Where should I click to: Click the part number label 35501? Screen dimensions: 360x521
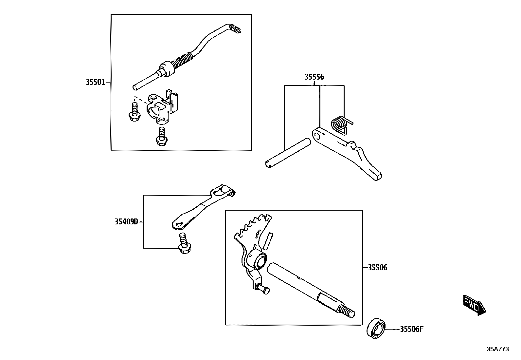coord(96,82)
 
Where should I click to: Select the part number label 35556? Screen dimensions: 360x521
coord(314,77)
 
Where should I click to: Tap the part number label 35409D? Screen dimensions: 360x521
coord(126,222)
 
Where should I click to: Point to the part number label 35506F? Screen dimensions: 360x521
coord(412,329)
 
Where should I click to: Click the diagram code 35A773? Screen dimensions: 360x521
coord(498,349)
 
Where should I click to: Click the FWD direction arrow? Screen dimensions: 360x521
coord(474,305)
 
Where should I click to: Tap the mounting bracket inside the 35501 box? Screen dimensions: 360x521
coord(162,108)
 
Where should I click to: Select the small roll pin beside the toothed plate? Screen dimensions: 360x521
coord(267,241)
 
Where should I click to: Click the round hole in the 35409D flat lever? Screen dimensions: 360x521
coord(178,224)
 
